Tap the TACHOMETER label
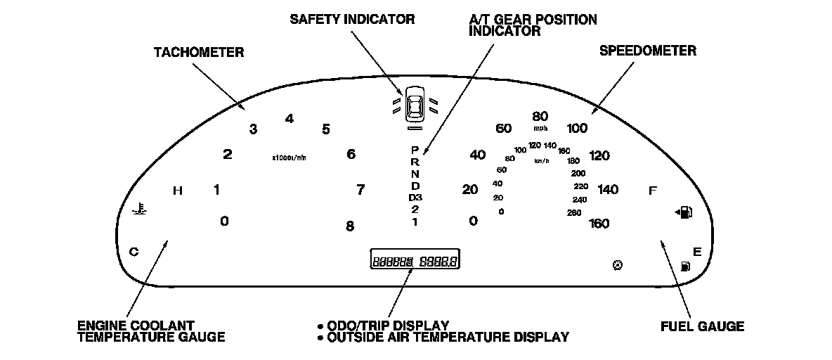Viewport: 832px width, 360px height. click(x=199, y=52)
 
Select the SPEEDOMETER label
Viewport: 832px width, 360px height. click(x=647, y=51)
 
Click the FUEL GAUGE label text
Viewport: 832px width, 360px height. click(x=702, y=326)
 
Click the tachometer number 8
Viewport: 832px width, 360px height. click(x=349, y=226)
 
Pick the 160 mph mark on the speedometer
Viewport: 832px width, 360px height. click(x=599, y=224)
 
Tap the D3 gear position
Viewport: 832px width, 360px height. click(x=415, y=198)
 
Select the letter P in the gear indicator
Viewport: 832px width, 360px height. click(x=415, y=150)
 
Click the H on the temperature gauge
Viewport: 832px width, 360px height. click(x=178, y=191)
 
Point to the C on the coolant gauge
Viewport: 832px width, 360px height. click(x=134, y=251)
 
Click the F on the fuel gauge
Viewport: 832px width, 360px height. click(x=652, y=191)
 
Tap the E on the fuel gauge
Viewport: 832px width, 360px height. click(x=697, y=251)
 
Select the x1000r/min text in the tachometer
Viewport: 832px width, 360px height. click(x=289, y=157)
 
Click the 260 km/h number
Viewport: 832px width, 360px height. click(x=574, y=212)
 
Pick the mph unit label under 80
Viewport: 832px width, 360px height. click(x=540, y=129)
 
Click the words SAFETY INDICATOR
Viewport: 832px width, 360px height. click(x=352, y=19)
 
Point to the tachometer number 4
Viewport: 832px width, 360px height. click(x=289, y=118)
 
